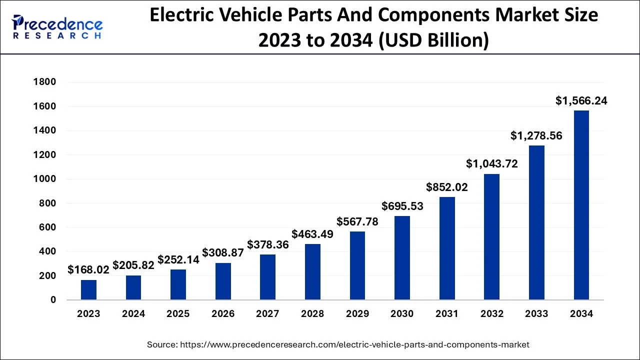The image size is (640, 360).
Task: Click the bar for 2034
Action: [581, 205]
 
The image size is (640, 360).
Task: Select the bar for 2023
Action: [88, 290]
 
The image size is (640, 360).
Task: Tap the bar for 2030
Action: [402, 258]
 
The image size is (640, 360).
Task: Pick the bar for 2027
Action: [267, 277]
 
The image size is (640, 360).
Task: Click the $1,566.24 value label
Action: [581, 101]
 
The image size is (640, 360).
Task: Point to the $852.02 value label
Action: [447, 187]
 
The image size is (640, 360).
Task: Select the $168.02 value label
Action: [88, 270]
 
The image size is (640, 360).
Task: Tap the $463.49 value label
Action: [312, 234]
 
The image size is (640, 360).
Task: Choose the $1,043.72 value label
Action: [492, 163]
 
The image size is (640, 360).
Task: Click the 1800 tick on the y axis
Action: [45, 82]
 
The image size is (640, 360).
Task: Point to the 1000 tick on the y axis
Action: [45, 179]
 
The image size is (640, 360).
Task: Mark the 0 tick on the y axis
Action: [52, 300]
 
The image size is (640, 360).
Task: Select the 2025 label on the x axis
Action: [178, 314]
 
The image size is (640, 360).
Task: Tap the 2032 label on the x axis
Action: [492, 314]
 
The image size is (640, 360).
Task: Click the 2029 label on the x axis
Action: [357, 314]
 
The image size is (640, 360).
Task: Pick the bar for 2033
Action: [536, 222]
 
